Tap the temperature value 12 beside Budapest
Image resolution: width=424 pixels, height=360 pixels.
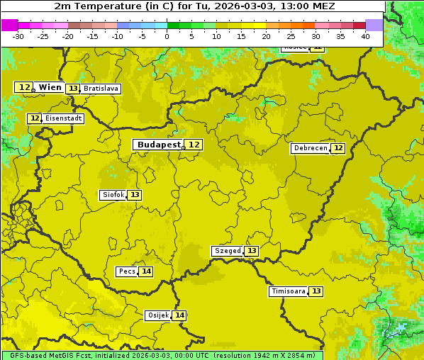[x=194, y=145]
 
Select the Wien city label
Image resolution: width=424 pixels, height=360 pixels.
[x=50, y=87]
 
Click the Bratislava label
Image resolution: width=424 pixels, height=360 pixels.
[x=101, y=89]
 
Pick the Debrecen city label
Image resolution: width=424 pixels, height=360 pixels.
[x=310, y=148]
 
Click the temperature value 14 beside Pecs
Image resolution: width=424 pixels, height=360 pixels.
[x=146, y=271]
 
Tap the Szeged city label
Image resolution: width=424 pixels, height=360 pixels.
[x=227, y=251]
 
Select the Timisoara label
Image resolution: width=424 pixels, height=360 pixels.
[x=289, y=291]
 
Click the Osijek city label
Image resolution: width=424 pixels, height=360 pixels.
[x=158, y=315]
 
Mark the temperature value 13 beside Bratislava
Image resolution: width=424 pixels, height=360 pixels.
[x=73, y=89]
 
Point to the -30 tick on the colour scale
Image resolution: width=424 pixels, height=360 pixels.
[x=18, y=35]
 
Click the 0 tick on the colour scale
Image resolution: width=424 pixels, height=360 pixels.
[x=167, y=35]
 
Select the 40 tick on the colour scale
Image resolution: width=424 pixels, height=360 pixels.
[x=365, y=35]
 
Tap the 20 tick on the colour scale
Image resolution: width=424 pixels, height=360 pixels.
[x=266, y=35]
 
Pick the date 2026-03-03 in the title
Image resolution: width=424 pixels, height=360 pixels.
[x=235, y=6]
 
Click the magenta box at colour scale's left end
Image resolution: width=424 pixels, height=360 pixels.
[x=9, y=25]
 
